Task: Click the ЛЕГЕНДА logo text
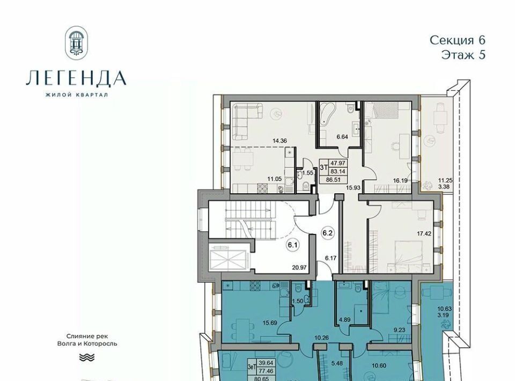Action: click(76, 78)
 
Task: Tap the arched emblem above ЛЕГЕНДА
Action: click(77, 42)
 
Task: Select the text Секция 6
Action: click(458, 40)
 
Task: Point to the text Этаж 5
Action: click(463, 55)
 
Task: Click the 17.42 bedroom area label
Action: click(424, 234)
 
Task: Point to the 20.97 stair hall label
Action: click(299, 268)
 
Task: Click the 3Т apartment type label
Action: click(324, 167)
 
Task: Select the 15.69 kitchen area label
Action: click(270, 323)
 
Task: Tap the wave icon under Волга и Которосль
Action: click(87, 357)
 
